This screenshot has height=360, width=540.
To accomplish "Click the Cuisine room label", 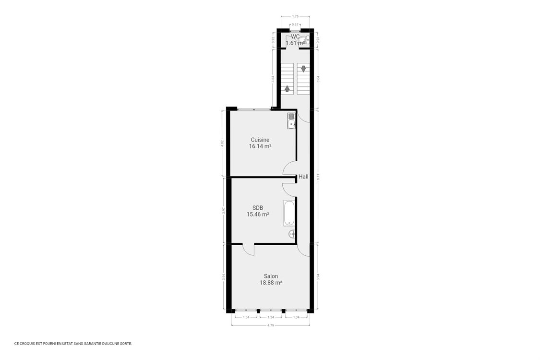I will pyautogui.click(x=260, y=140).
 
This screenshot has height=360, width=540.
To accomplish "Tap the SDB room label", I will pyautogui.click(x=257, y=208).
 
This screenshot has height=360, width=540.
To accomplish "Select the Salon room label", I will pyautogui.click(x=271, y=276).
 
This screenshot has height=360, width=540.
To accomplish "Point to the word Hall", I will pyautogui.click(x=303, y=177).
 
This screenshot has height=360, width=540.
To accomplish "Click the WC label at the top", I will pyautogui.click(x=295, y=36).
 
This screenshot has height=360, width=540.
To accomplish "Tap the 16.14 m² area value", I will pyautogui.click(x=260, y=146).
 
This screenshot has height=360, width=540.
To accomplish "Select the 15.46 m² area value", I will pyautogui.click(x=257, y=215).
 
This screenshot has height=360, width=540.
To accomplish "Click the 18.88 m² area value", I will pyautogui.click(x=271, y=283).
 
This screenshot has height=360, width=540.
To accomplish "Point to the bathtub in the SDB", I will pyautogui.click(x=289, y=213).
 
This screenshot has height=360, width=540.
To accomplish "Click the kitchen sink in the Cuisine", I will pyautogui.click(x=291, y=121).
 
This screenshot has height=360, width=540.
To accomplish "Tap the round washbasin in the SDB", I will pyautogui.click(x=291, y=234).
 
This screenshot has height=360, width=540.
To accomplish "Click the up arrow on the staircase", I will pyautogui.click(x=287, y=88).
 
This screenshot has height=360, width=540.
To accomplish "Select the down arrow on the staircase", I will pyautogui.click(x=303, y=68).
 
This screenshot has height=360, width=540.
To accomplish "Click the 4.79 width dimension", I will pyautogui.click(x=271, y=325).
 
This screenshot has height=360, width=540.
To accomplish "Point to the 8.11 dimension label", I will pyautogui.click(x=318, y=177).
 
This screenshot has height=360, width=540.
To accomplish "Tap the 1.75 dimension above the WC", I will pyautogui.click(x=295, y=17).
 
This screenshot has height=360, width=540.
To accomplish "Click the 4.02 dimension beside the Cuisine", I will pyautogui.click(x=222, y=143).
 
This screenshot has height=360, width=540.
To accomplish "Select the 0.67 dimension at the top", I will pyautogui.click(x=295, y=24).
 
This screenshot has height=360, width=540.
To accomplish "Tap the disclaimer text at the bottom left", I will pyautogui.click(x=73, y=343).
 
